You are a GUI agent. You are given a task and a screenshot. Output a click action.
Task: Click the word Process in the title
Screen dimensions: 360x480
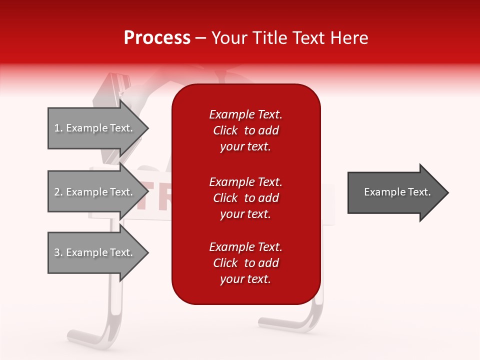(157, 38)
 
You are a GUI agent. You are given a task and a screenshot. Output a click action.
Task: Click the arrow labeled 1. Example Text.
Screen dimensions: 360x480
(95, 128)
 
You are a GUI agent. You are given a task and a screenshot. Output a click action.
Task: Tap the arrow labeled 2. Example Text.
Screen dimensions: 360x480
(95, 192)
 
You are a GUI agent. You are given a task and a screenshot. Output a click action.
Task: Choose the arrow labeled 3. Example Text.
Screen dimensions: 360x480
(95, 252)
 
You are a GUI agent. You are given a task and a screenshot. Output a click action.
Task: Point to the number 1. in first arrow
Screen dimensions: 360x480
(58, 128)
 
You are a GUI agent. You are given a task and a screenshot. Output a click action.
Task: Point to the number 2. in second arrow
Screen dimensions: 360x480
(58, 192)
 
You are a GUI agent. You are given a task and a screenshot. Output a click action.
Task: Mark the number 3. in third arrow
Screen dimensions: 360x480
(58, 253)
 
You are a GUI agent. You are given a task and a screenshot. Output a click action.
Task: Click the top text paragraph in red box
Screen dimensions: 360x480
(245, 130)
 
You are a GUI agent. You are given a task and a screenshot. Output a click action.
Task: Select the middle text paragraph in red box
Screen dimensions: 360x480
(245, 198)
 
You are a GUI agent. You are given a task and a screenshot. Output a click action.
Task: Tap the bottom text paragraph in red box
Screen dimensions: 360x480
(245, 263)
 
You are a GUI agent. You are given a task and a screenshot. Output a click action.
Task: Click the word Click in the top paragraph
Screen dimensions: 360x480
(225, 130)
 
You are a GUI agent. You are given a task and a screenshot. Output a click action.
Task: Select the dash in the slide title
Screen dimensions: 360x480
(200, 38)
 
